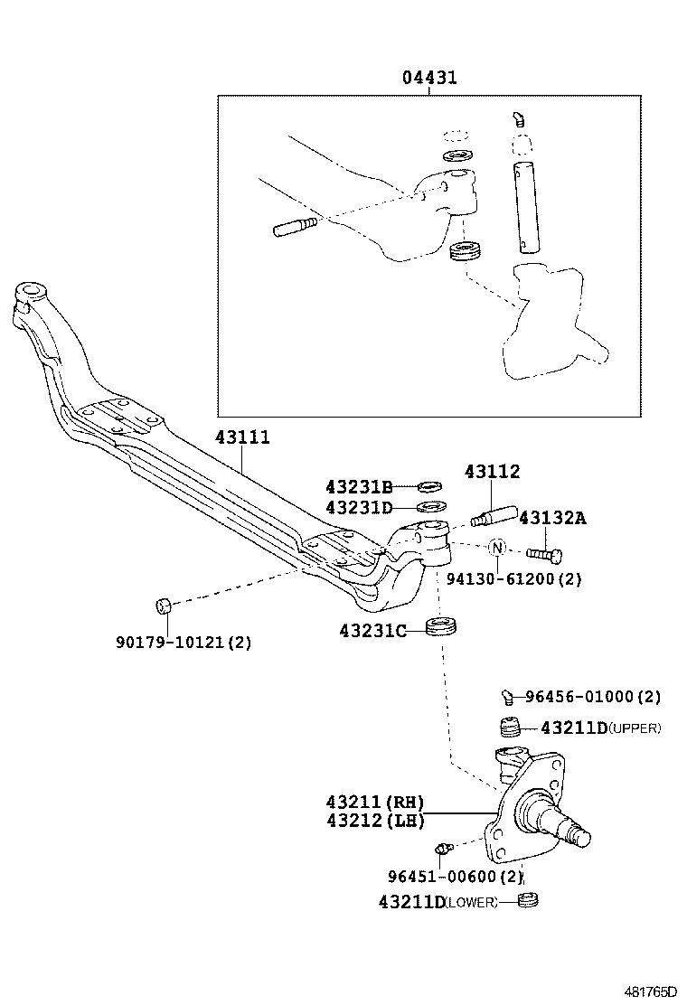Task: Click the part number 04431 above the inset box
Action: tap(429, 78)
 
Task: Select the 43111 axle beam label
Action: tap(242, 437)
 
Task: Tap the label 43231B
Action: tap(359, 486)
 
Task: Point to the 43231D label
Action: tap(359, 507)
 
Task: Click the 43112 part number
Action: tap(492, 472)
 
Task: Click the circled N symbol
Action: tap(496, 547)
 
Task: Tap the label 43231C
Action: tap(373, 630)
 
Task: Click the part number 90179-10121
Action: tap(184, 643)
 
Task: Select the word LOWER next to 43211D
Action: tap(471, 902)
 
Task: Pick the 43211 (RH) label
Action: tap(374, 803)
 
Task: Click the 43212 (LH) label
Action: tap(374, 822)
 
